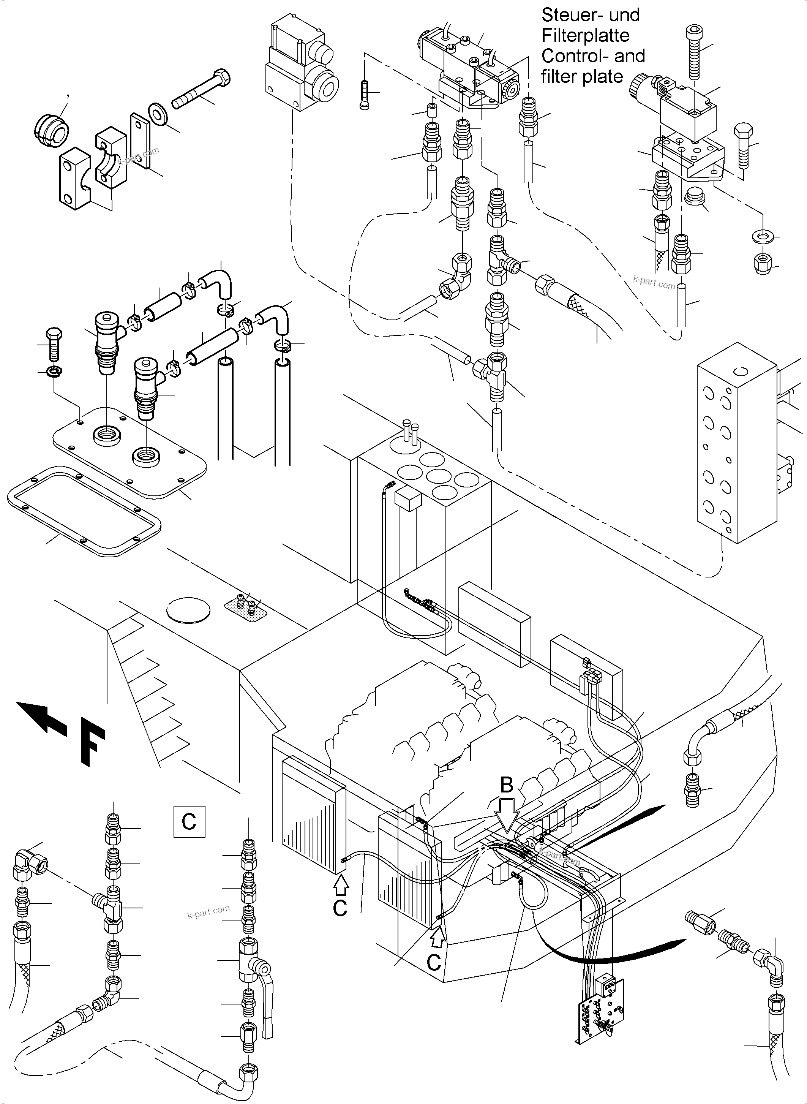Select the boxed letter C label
click(189, 821)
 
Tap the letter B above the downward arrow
click(507, 785)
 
